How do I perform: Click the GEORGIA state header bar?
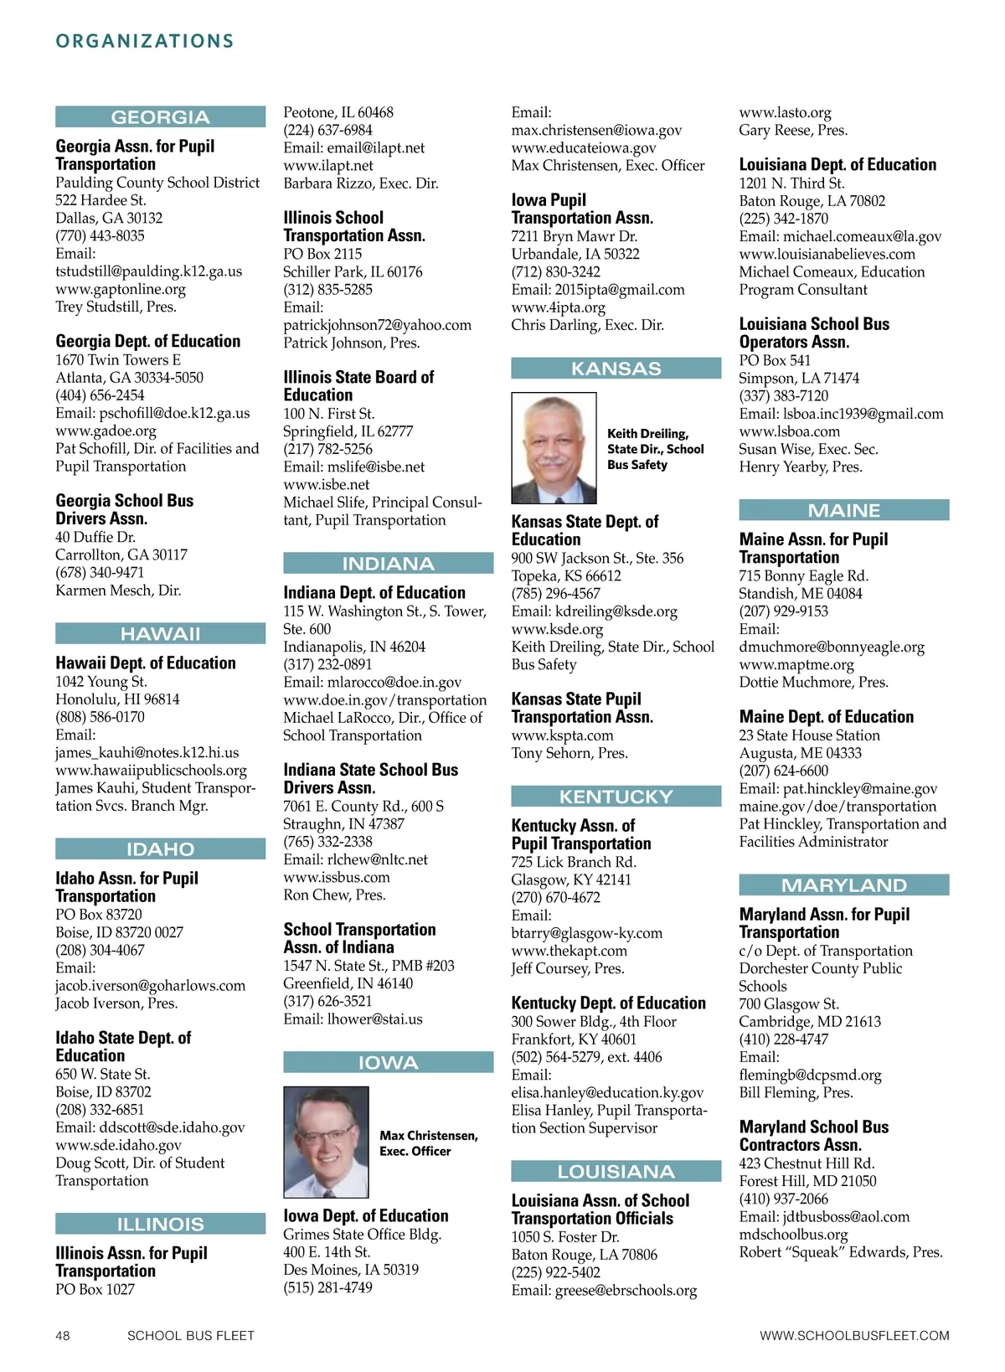(160, 117)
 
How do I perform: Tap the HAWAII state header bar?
(160, 634)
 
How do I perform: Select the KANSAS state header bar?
(616, 369)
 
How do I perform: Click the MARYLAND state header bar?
(843, 885)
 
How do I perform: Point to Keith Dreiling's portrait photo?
(554, 448)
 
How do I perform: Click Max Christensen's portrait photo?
(326, 1142)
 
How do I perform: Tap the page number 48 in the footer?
(63, 1336)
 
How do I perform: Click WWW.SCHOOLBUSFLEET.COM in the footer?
(854, 1336)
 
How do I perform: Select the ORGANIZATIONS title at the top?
(145, 41)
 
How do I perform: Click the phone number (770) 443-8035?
(100, 236)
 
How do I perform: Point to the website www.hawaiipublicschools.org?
(151, 771)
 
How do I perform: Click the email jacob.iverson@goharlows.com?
(151, 986)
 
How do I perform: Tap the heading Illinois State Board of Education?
(358, 386)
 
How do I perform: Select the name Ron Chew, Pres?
(334, 895)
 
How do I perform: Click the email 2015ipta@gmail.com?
(620, 290)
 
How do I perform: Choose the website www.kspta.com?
(562, 735)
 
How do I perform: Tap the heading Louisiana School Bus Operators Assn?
(814, 333)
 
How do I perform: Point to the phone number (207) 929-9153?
(783, 611)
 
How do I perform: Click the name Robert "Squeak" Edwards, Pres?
(840, 1252)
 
